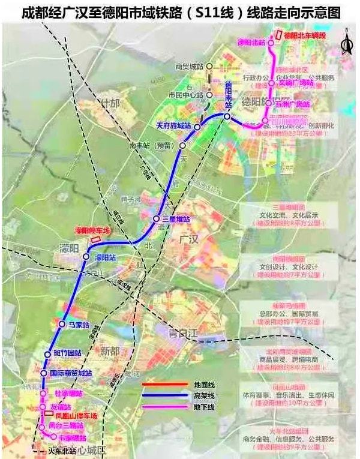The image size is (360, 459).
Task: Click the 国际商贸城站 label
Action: [x=71, y=373]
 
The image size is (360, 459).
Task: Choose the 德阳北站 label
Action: [x=251, y=43]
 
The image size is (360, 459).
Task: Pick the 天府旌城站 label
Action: [x=173, y=126]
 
